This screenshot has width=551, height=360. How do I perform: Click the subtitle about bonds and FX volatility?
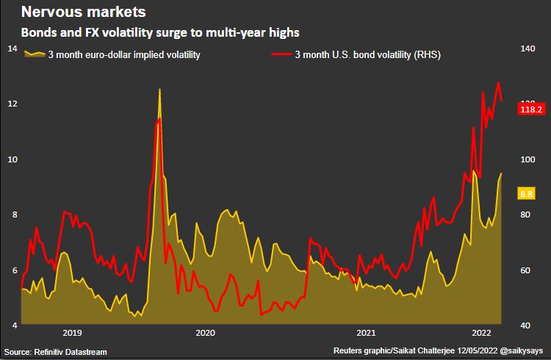pyautogui.click(x=159, y=33)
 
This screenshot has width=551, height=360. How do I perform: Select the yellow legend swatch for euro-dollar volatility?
pyautogui.click(x=35, y=54)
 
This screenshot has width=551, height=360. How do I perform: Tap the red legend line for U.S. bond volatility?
pyautogui.click(x=281, y=54)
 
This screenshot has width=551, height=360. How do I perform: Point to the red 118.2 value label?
pyautogui.click(x=530, y=109)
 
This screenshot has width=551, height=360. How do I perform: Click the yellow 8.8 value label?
pyautogui.click(x=526, y=194)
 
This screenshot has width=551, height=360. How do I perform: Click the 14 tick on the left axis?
pyautogui.click(x=12, y=48)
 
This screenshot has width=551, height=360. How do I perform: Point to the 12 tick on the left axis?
pyautogui.click(x=12, y=104)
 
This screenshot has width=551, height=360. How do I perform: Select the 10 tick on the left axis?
pyautogui.click(x=12, y=159)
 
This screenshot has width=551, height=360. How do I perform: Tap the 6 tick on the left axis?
pyautogui.click(x=12, y=270)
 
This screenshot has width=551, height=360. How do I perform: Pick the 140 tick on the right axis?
pyautogui.click(x=527, y=48)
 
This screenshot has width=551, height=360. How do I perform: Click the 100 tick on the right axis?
pyautogui.click(x=527, y=159)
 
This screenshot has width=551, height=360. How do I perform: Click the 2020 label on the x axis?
pyautogui.click(x=206, y=333)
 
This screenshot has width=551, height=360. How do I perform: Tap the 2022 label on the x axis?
pyautogui.click(x=482, y=333)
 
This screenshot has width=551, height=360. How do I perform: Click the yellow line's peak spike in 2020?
pyautogui.click(x=159, y=90)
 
